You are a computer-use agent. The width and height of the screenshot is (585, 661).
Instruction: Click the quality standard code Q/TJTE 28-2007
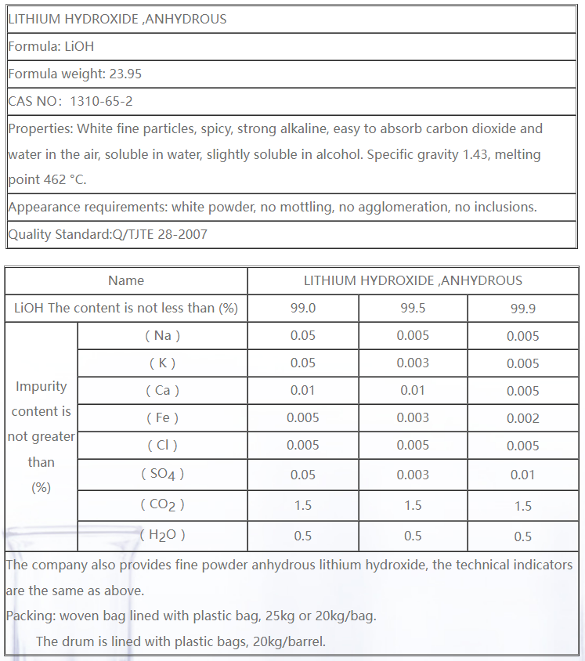pos(161,234)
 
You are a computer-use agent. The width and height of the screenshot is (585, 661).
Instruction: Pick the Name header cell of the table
pos(126,280)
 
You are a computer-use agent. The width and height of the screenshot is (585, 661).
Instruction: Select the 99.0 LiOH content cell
pos(302,308)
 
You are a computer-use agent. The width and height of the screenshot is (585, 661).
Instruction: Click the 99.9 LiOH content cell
pos(522,309)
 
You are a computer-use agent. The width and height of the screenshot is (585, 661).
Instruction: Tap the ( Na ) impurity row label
pos(162,335)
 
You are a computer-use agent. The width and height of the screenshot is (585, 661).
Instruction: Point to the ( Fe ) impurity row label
pos(162,417)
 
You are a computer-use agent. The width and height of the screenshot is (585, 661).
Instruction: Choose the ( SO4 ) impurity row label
pos(162,474)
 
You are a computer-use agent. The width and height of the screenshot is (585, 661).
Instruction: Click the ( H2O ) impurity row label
pos(162,535)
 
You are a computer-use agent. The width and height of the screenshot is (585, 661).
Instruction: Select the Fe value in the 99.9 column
pos(522,418)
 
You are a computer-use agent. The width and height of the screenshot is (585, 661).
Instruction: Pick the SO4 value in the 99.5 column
pos(413,475)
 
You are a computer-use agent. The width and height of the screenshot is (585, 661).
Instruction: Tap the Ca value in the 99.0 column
pos(302,390)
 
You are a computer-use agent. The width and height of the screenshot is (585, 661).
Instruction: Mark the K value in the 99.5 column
pos(413,363)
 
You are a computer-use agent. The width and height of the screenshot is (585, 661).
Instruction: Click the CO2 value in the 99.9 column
pos(522,506)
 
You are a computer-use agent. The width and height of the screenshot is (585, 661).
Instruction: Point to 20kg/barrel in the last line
pos(289,641)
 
